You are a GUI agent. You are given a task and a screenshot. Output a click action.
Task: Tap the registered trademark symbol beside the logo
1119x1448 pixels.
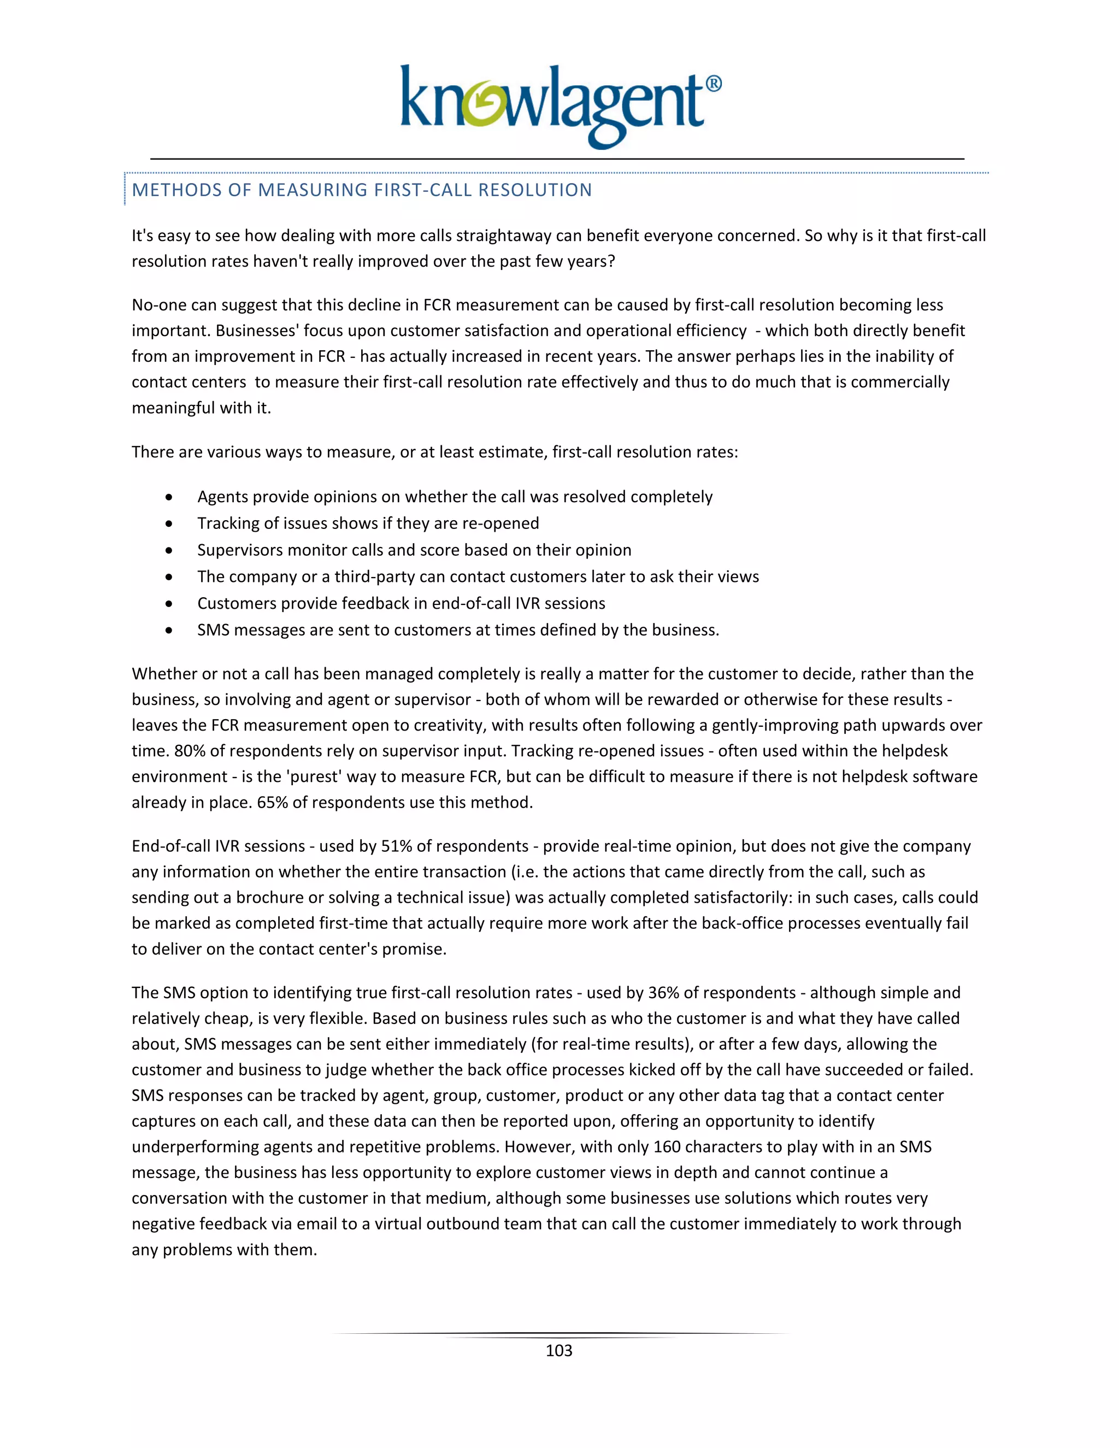click(712, 84)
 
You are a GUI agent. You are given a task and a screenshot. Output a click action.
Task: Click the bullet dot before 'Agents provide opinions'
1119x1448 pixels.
click(170, 497)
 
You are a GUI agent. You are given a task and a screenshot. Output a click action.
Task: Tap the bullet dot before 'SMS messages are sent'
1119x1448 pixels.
click(170, 631)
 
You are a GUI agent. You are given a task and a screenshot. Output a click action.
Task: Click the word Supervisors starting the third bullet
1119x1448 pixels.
click(237, 550)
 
